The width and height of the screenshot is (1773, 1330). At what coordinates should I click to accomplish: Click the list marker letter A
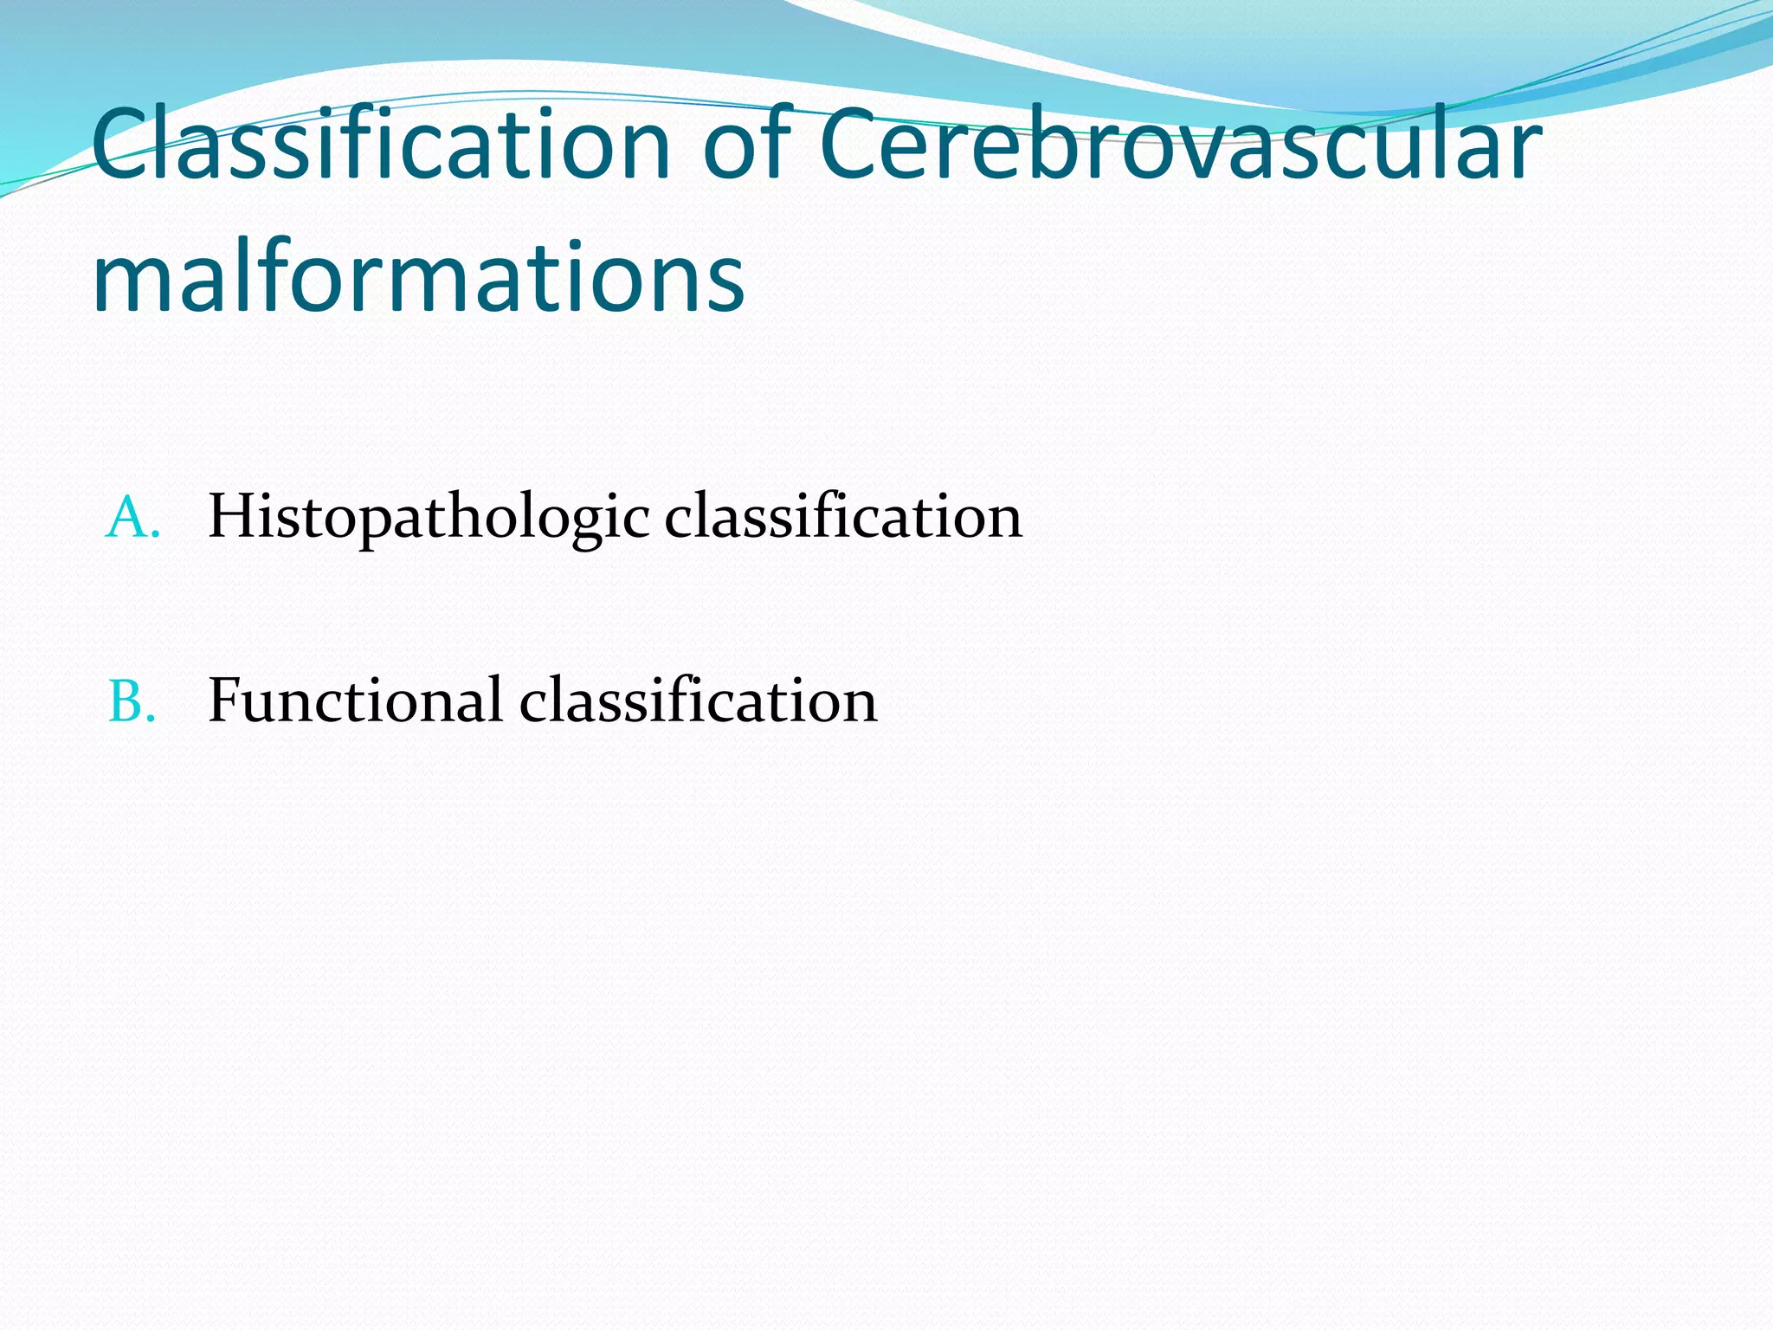(131, 518)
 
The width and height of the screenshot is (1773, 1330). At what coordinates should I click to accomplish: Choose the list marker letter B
(131, 701)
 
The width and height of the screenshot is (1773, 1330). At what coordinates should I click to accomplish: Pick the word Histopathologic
(429, 518)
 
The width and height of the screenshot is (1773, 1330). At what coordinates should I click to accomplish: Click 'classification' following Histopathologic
(843, 518)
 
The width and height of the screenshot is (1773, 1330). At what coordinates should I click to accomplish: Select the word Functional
(355, 701)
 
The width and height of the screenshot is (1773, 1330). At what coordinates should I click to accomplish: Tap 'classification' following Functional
(698, 701)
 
